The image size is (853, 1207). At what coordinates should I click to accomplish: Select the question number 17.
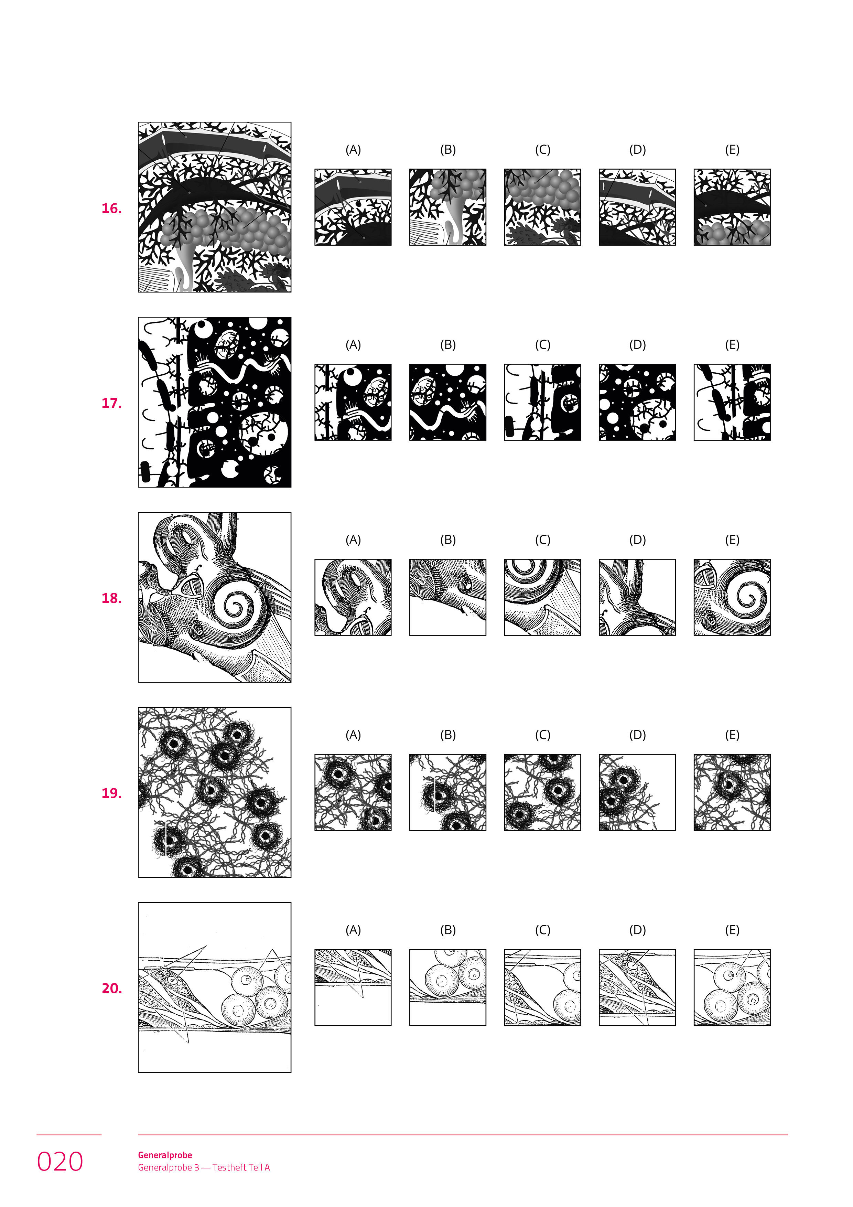click(111, 403)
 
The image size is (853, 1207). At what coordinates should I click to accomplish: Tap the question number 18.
click(111, 598)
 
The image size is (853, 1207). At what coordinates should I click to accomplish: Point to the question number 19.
click(111, 793)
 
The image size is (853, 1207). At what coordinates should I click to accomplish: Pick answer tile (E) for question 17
click(732, 402)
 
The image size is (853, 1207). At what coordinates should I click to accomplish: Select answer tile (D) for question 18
click(638, 597)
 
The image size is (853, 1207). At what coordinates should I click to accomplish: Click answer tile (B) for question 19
click(448, 792)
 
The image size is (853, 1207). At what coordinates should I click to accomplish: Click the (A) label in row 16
click(353, 150)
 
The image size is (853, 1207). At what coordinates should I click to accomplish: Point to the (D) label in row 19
click(638, 735)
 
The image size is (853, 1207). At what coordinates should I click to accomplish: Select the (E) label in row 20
click(732, 930)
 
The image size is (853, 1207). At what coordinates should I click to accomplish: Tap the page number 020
click(60, 1162)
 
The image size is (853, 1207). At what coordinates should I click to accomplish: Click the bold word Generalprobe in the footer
click(165, 1155)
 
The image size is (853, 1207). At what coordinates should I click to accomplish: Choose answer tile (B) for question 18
click(448, 597)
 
